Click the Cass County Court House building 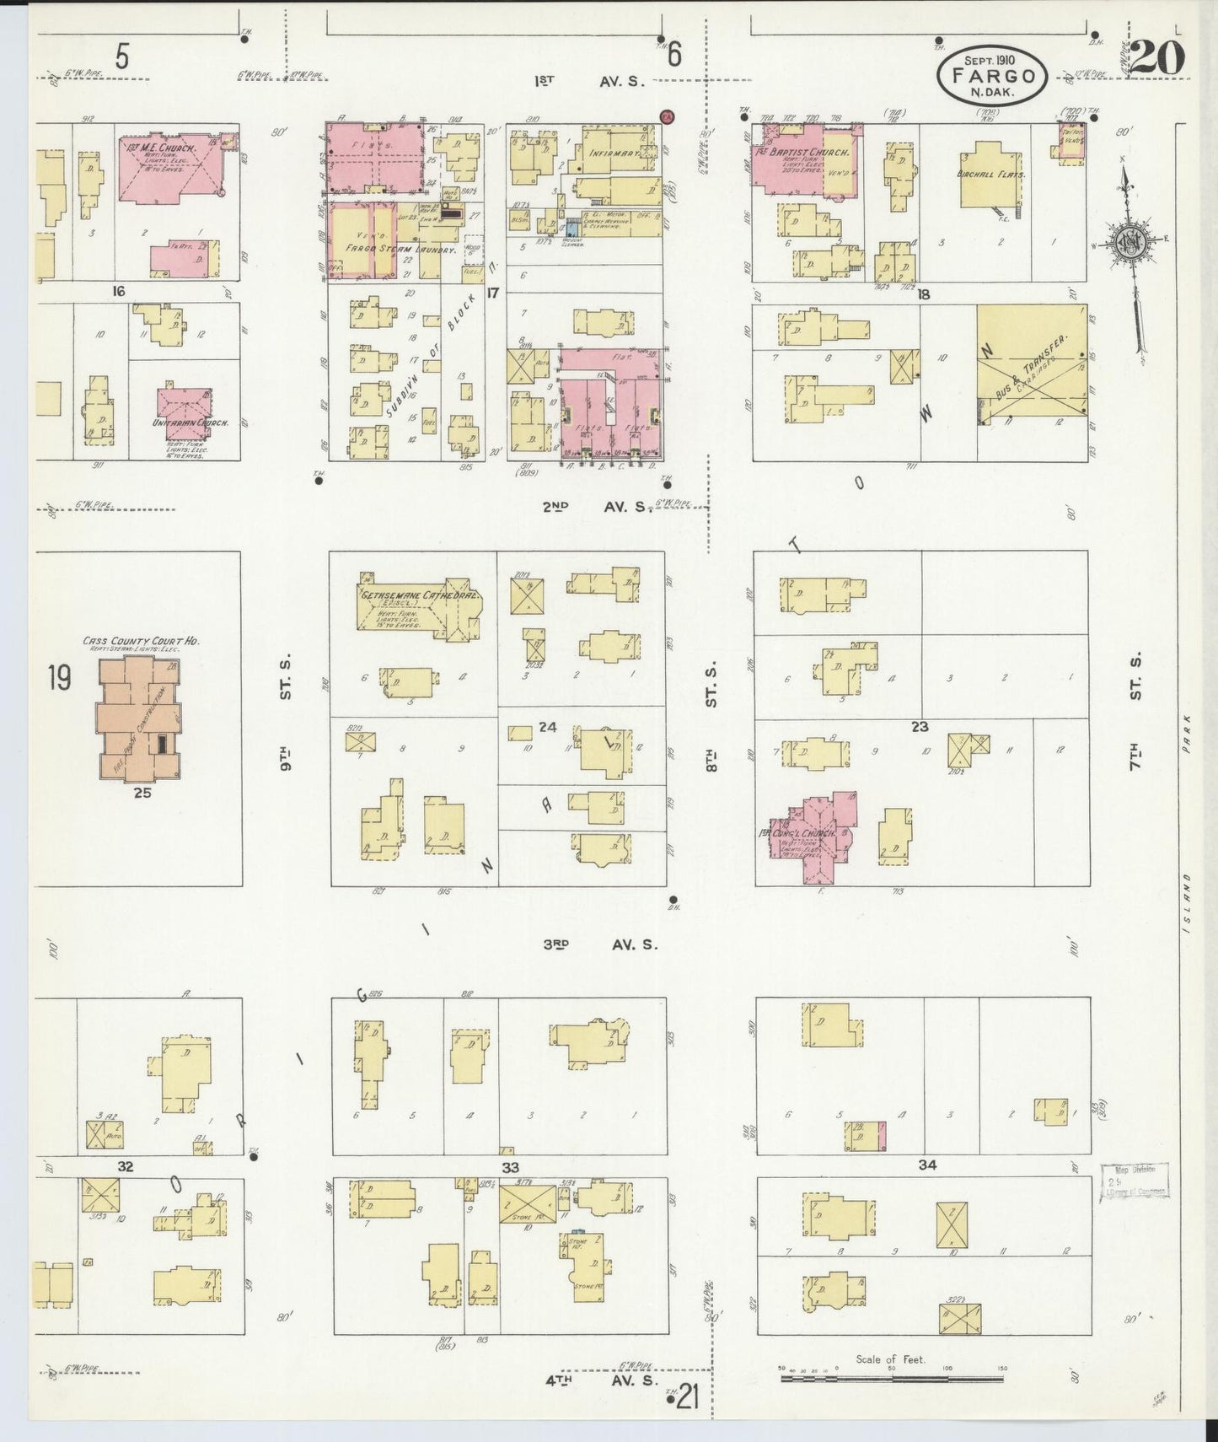pyautogui.click(x=139, y=717)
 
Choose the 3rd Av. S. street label pyautogui.click(x=599, y=944)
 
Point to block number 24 pyautogui.click(x=548, y=726)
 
